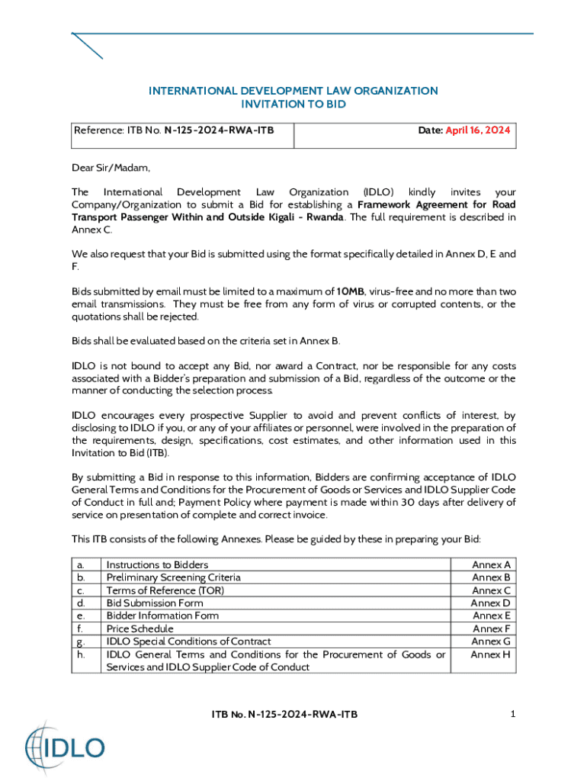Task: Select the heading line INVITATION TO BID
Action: click(x=293, y=104)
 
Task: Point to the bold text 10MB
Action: click(x=351, y=291)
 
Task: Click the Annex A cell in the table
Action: click(x=491, y=565)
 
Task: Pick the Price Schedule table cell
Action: click(x=140, y=628)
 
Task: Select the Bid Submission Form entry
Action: click(x=155, y=603)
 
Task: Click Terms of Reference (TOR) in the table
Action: click(x=165, y=590)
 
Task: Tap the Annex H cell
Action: click(x=491, y=654)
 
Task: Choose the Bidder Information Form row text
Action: click(x=162, y=615)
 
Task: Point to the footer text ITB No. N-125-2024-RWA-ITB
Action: click(x=284, y=715)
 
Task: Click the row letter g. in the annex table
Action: click(x=81, y=642)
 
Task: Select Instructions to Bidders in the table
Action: click(x=157, y=565)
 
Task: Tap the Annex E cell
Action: click(x=491, y=615)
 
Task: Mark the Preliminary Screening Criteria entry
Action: click(x=173, y=577)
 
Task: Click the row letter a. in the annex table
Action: click(x=81, y=565)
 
